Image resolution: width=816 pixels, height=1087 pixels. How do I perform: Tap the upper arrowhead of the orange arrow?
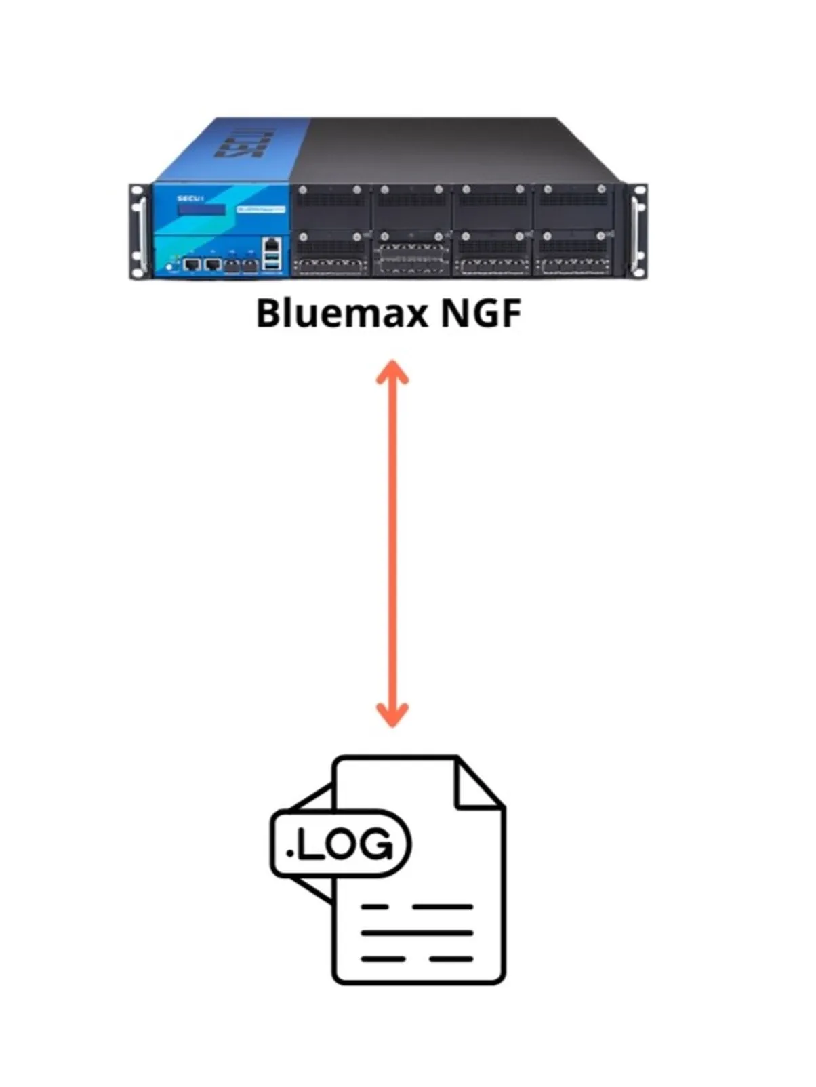point(392,373)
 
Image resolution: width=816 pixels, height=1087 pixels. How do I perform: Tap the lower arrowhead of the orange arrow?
point(392,715)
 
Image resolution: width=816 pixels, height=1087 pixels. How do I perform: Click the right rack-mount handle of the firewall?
point(638,230)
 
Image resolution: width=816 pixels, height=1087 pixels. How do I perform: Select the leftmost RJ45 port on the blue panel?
point(192,263)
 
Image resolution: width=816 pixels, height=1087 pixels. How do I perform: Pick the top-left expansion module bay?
point(331,206)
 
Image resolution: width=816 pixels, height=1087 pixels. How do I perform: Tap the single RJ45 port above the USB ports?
point(272,243)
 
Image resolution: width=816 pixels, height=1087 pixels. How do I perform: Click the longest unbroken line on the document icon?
point(417,932)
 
